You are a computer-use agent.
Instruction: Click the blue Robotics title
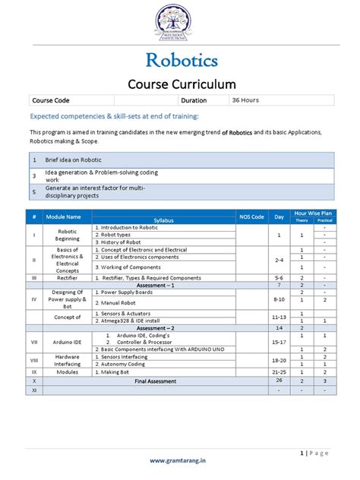click(x=180, y=59)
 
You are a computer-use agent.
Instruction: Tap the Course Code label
click(x=49, y=100)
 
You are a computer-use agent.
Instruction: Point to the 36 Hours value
click(x=248, y=99)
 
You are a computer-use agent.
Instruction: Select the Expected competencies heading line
click(x=114, y=115)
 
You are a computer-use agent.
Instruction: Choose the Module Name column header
click(x=68, y=217)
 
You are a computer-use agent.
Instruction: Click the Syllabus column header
click(x=163, y=220)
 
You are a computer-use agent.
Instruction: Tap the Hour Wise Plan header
click(x=313, y=214)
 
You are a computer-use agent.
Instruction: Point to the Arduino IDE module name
click(x=68, y=342)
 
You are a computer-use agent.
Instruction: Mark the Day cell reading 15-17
click(x=279, y=342)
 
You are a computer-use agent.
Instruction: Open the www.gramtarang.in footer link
click(x=180, y=460)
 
